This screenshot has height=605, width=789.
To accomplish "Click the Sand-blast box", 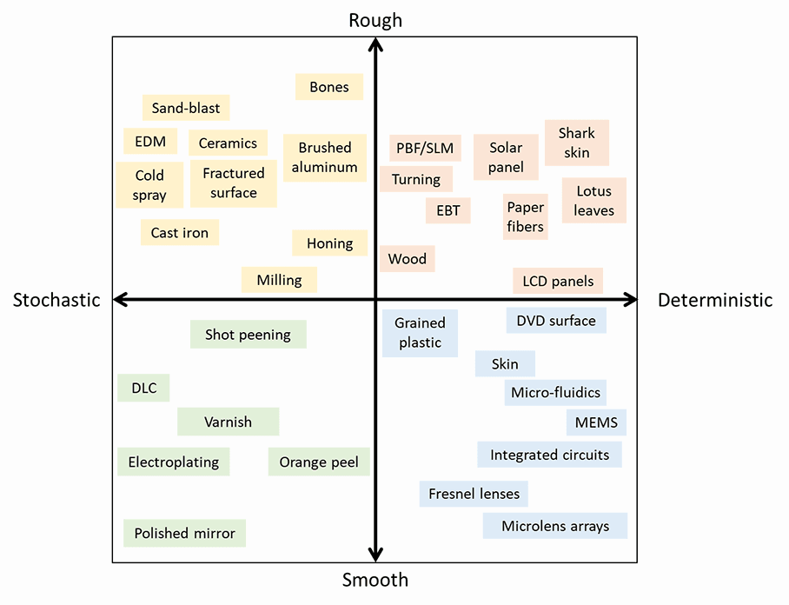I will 186,109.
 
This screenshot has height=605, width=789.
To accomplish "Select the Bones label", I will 328,87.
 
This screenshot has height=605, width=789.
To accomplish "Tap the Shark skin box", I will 577,143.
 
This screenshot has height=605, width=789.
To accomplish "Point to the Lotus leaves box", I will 594,201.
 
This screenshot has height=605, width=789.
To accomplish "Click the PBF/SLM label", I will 425,148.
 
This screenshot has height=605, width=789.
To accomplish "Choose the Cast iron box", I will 180,232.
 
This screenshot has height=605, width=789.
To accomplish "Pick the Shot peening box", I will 248,335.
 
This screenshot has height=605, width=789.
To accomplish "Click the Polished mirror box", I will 185,533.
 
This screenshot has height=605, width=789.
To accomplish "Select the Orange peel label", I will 319,462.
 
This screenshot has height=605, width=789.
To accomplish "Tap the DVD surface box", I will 556,321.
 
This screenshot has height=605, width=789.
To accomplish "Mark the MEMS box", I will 596,423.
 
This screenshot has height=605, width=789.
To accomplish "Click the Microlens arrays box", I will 555,526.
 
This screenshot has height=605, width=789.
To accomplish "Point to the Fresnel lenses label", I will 474,494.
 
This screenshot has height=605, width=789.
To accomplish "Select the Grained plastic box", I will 420,333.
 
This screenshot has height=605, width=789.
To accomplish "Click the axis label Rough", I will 375,20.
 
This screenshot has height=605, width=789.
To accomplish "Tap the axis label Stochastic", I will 56,300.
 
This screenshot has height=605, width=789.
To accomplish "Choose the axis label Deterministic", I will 715,300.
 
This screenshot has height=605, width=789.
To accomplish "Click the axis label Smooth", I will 375,580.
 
